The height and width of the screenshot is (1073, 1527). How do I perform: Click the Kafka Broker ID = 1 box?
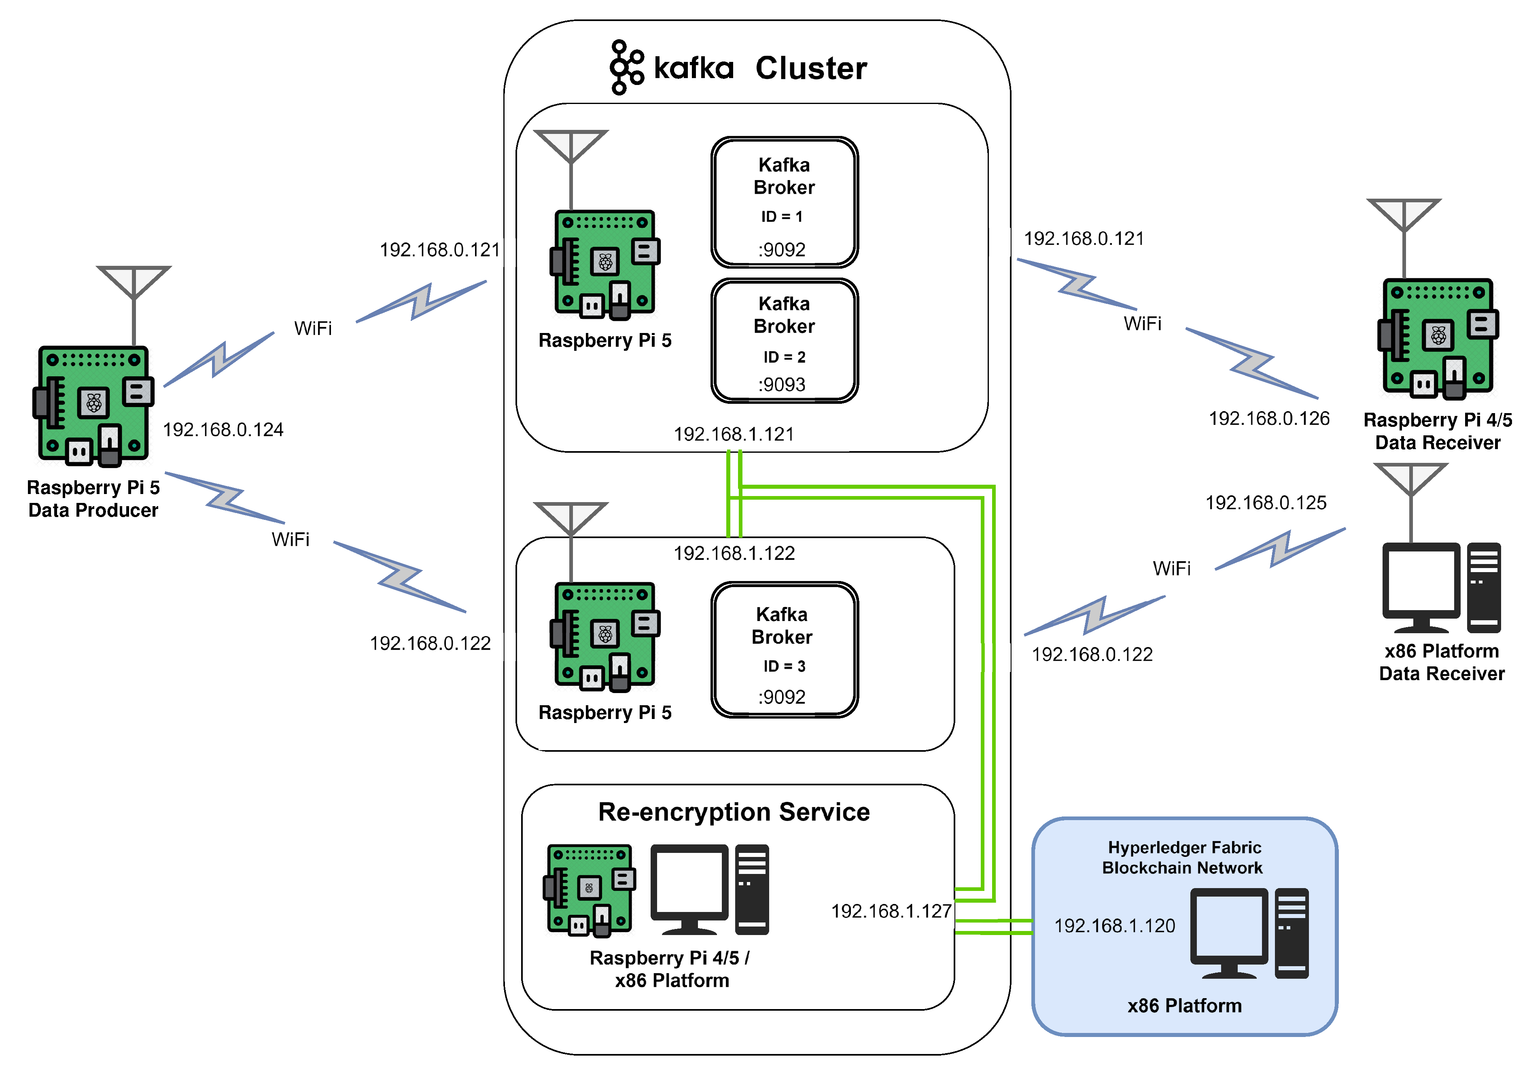coord(784,202)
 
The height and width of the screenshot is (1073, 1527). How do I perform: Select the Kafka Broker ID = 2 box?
coord(784,341)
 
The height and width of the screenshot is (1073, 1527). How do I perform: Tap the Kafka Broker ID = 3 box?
coord(784,649)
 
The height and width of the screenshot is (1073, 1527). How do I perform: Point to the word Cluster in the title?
coord(811,68)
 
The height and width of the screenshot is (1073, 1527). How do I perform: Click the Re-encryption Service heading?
coord(734,812)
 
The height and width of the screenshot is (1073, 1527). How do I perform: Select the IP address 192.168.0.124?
coord(223,430)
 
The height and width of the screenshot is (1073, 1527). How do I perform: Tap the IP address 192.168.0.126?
coord(1268,418)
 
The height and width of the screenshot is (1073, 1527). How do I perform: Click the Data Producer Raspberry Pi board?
coord(93,405)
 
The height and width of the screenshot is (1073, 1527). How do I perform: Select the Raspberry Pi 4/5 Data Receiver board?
coord(1438,338)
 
